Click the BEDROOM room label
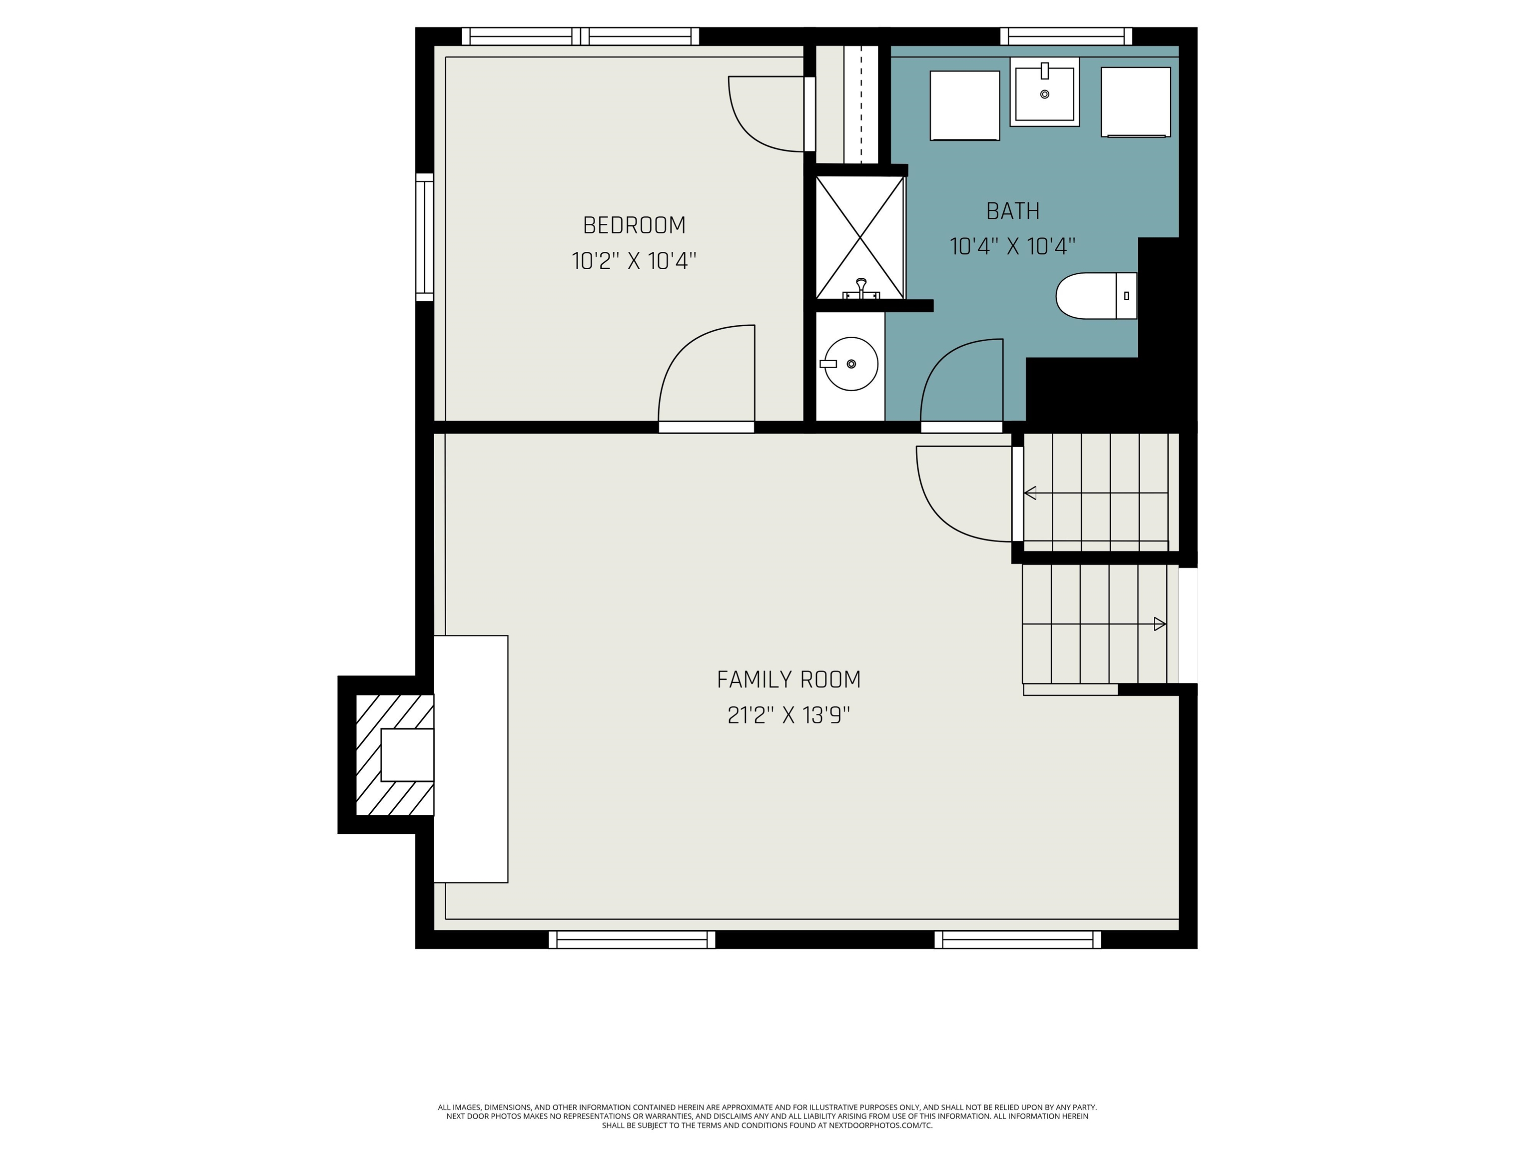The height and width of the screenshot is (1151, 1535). pos(634,225)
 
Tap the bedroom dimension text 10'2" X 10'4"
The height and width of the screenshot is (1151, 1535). pos(634,262)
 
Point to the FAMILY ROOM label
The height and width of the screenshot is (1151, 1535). pos(788,679)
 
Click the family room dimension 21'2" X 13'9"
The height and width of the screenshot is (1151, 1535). pos(788,715)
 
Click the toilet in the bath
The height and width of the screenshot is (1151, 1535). pos(1096,296)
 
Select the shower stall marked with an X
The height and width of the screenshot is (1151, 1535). pos(860,238)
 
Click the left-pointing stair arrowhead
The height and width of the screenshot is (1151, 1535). pos(1030,493)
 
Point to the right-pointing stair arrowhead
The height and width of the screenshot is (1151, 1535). pos(1160,624)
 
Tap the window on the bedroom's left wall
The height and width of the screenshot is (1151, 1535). pos(425,237)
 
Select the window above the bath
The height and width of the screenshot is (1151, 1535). pos(1071,36)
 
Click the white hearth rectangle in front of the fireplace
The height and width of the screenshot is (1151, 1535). pos(471,759)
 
